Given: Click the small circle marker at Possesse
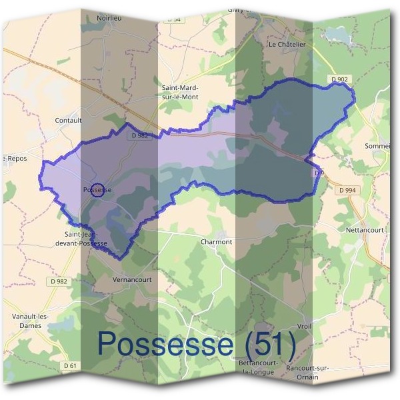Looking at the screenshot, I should pos(97,190).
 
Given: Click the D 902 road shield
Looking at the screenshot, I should pos(339,80).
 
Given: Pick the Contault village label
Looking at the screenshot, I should pos(69,121).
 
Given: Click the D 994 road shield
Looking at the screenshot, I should pos(347,191).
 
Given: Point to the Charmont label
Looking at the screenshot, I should pos(216,242).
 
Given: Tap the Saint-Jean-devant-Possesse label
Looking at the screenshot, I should pos(85,239).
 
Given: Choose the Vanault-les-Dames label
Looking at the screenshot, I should pos(27,321).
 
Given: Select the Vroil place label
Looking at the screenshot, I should pos(305,326).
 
